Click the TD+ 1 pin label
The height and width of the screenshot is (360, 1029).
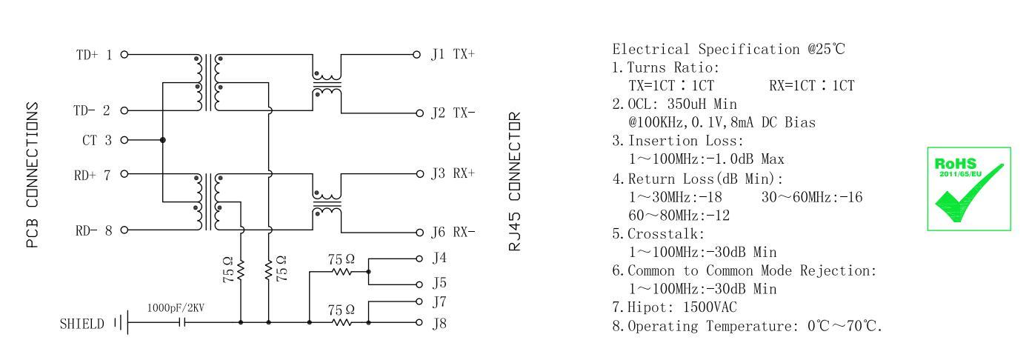94,55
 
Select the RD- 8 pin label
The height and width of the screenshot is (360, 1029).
94,230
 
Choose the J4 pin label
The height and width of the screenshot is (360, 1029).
439,259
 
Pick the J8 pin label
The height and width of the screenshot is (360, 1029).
439,323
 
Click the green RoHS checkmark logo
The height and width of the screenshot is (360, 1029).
968,188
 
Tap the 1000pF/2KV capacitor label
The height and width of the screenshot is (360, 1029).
175,307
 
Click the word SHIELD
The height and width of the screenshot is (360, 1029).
81,324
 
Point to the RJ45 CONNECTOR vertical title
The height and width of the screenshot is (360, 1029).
516,181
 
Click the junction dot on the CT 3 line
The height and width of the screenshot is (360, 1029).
162,139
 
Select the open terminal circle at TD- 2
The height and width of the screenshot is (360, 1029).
124,111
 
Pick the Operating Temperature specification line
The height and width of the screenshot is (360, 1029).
747,326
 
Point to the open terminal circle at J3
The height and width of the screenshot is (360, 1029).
416,174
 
